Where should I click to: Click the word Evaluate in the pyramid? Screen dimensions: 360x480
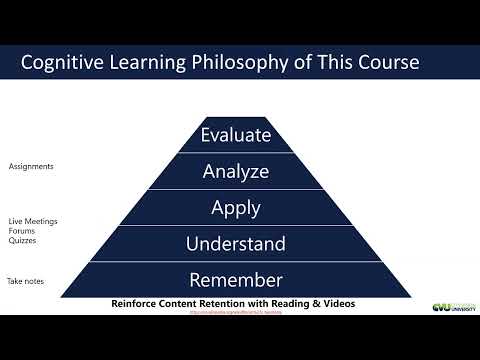coord(236,135)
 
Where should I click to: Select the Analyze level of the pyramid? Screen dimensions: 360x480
coord(236,171)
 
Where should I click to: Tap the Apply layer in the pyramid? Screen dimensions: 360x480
coord(236,208)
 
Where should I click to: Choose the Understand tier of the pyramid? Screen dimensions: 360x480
coord(236,244)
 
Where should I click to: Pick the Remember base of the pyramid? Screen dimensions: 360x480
coord(236,280)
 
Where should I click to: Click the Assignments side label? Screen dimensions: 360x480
coord(31,166)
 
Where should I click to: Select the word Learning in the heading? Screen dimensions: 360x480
coord(165,63)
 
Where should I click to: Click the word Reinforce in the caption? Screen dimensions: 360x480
coord(141,302)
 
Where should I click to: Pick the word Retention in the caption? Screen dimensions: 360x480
coord(242,302)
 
